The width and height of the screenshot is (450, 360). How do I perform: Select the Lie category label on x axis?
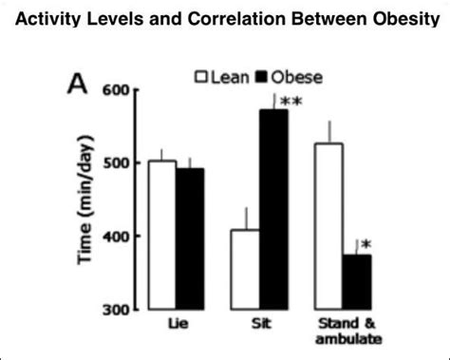pyautogui.click(x=177, y=323)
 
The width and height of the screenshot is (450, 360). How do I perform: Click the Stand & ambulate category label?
pyautogui.click(x=342, y=330)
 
